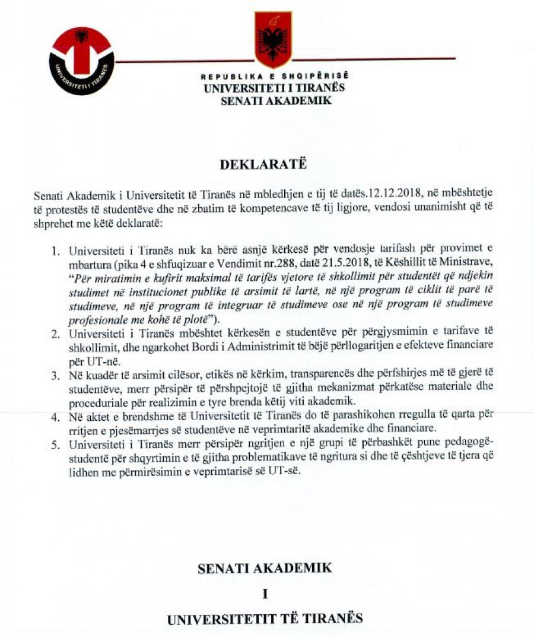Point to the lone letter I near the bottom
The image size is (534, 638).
tap(265, 594)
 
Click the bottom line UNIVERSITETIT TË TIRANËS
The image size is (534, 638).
tap(265, 620)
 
